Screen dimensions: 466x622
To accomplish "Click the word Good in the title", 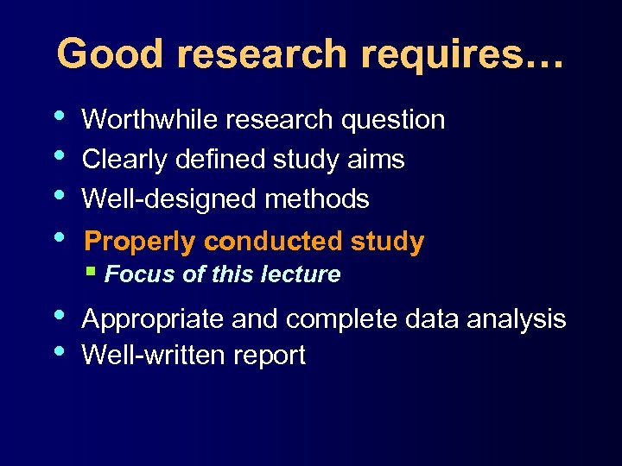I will point(111,54).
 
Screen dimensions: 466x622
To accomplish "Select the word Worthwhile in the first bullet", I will point(150,120).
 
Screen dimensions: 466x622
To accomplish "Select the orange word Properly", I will point(142,242).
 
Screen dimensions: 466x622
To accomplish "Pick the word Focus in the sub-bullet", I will point(130,274).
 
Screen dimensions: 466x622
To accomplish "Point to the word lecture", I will point(308,274).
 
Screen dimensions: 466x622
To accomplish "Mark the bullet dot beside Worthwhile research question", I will point(57,115).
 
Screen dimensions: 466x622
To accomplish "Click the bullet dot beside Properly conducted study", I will point(57,236).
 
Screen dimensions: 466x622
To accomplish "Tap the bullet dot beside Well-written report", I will point(57,350).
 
